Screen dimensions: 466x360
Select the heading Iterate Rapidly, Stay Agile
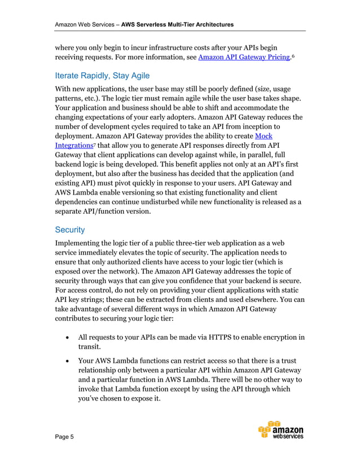102,76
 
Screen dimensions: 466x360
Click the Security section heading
69,230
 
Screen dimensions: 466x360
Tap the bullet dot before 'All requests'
68,338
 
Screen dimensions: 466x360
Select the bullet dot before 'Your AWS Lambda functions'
68,361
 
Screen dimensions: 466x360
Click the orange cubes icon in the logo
269,429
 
